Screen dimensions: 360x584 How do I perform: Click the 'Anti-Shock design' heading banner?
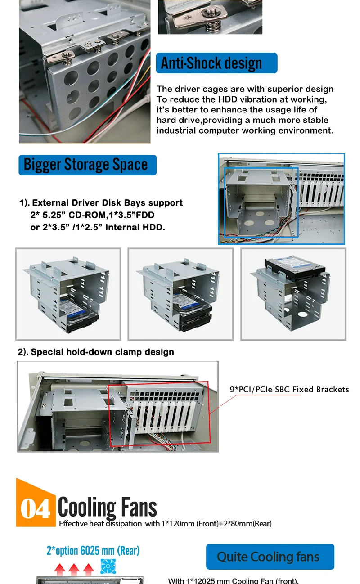pos(216,63)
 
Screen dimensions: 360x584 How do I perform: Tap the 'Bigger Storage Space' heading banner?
pos(88,165)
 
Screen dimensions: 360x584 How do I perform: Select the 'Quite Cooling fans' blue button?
pos(270,557)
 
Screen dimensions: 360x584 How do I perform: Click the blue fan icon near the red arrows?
pos(108,566)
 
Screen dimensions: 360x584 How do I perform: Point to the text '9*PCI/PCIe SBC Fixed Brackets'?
pos(289,389)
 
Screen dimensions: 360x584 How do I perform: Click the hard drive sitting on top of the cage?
pos(295,268)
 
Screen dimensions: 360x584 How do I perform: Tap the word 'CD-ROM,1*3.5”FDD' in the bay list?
pos(111,215)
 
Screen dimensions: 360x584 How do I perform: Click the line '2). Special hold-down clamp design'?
pos(96,352)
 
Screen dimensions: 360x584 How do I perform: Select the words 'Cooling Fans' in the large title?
pos(108,507)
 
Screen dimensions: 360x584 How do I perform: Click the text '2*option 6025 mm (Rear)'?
pos(93,550)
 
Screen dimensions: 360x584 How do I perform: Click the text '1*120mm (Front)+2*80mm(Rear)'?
pos(216,524)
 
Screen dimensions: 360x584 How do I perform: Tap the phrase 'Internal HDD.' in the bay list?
pos(135,227)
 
